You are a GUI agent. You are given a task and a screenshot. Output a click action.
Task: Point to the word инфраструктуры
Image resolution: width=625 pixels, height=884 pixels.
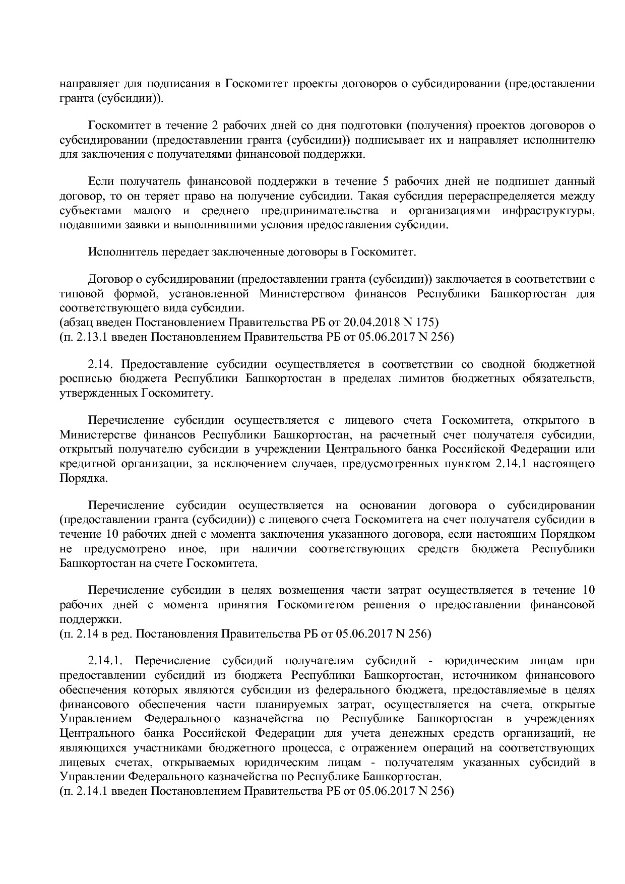[548, 210]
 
